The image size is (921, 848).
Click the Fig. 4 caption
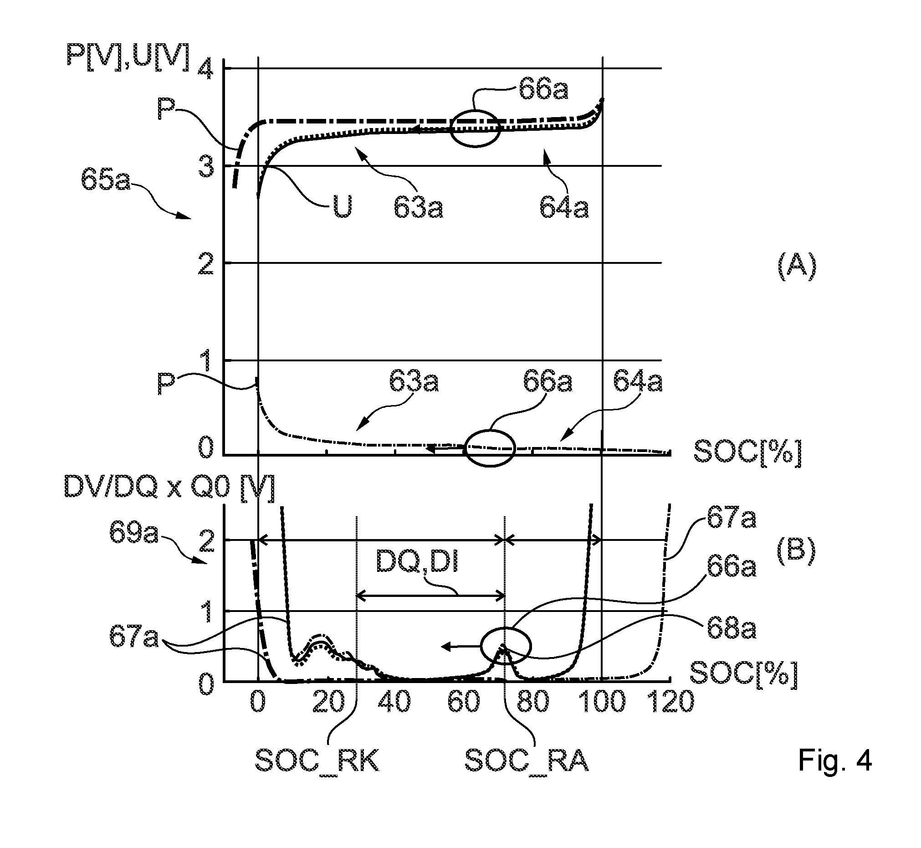(x=835, y=761)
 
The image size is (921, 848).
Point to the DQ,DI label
(x=417, y=561)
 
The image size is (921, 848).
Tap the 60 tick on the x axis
(x=464, y=702)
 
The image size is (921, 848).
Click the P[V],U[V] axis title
(x=128, y=57)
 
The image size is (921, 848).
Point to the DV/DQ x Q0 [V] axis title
(x=170, y=488)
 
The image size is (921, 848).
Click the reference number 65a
(x=106, y=180)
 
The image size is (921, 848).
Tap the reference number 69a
(x=133, y=532)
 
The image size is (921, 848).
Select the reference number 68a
(x=732, y=629)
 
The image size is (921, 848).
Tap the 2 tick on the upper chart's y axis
(x=205, y=263)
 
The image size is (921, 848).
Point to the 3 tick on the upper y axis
(x=205, y=166)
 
